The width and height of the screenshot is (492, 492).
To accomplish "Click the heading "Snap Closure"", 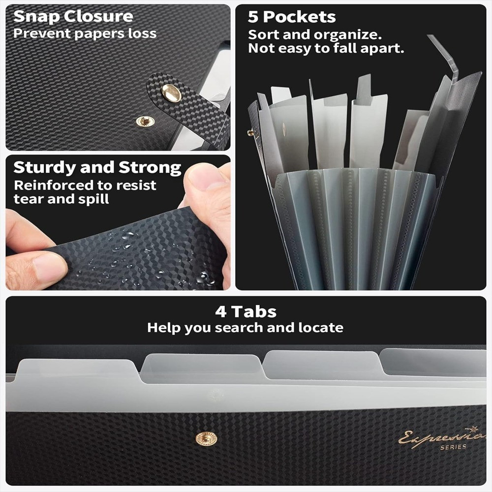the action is [x=73, y=16].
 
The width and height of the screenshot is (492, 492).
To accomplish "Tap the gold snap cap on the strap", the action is [x=171, y=93].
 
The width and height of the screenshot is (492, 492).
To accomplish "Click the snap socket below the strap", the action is [x=145, y=121].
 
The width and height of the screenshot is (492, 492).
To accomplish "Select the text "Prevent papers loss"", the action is [x=85, y=33].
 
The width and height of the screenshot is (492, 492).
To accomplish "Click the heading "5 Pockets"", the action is [x=291, y=17].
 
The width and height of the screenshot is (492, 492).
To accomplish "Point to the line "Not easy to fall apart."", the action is [x=326, y=48].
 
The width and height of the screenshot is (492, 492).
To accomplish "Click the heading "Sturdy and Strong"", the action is [x=97, y=167].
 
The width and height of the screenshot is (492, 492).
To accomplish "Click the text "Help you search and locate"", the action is [x=245, y=328].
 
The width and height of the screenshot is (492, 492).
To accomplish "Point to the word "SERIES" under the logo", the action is [x=453, y=447].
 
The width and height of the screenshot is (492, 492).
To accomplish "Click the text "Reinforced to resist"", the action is [x=85, y=185].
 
